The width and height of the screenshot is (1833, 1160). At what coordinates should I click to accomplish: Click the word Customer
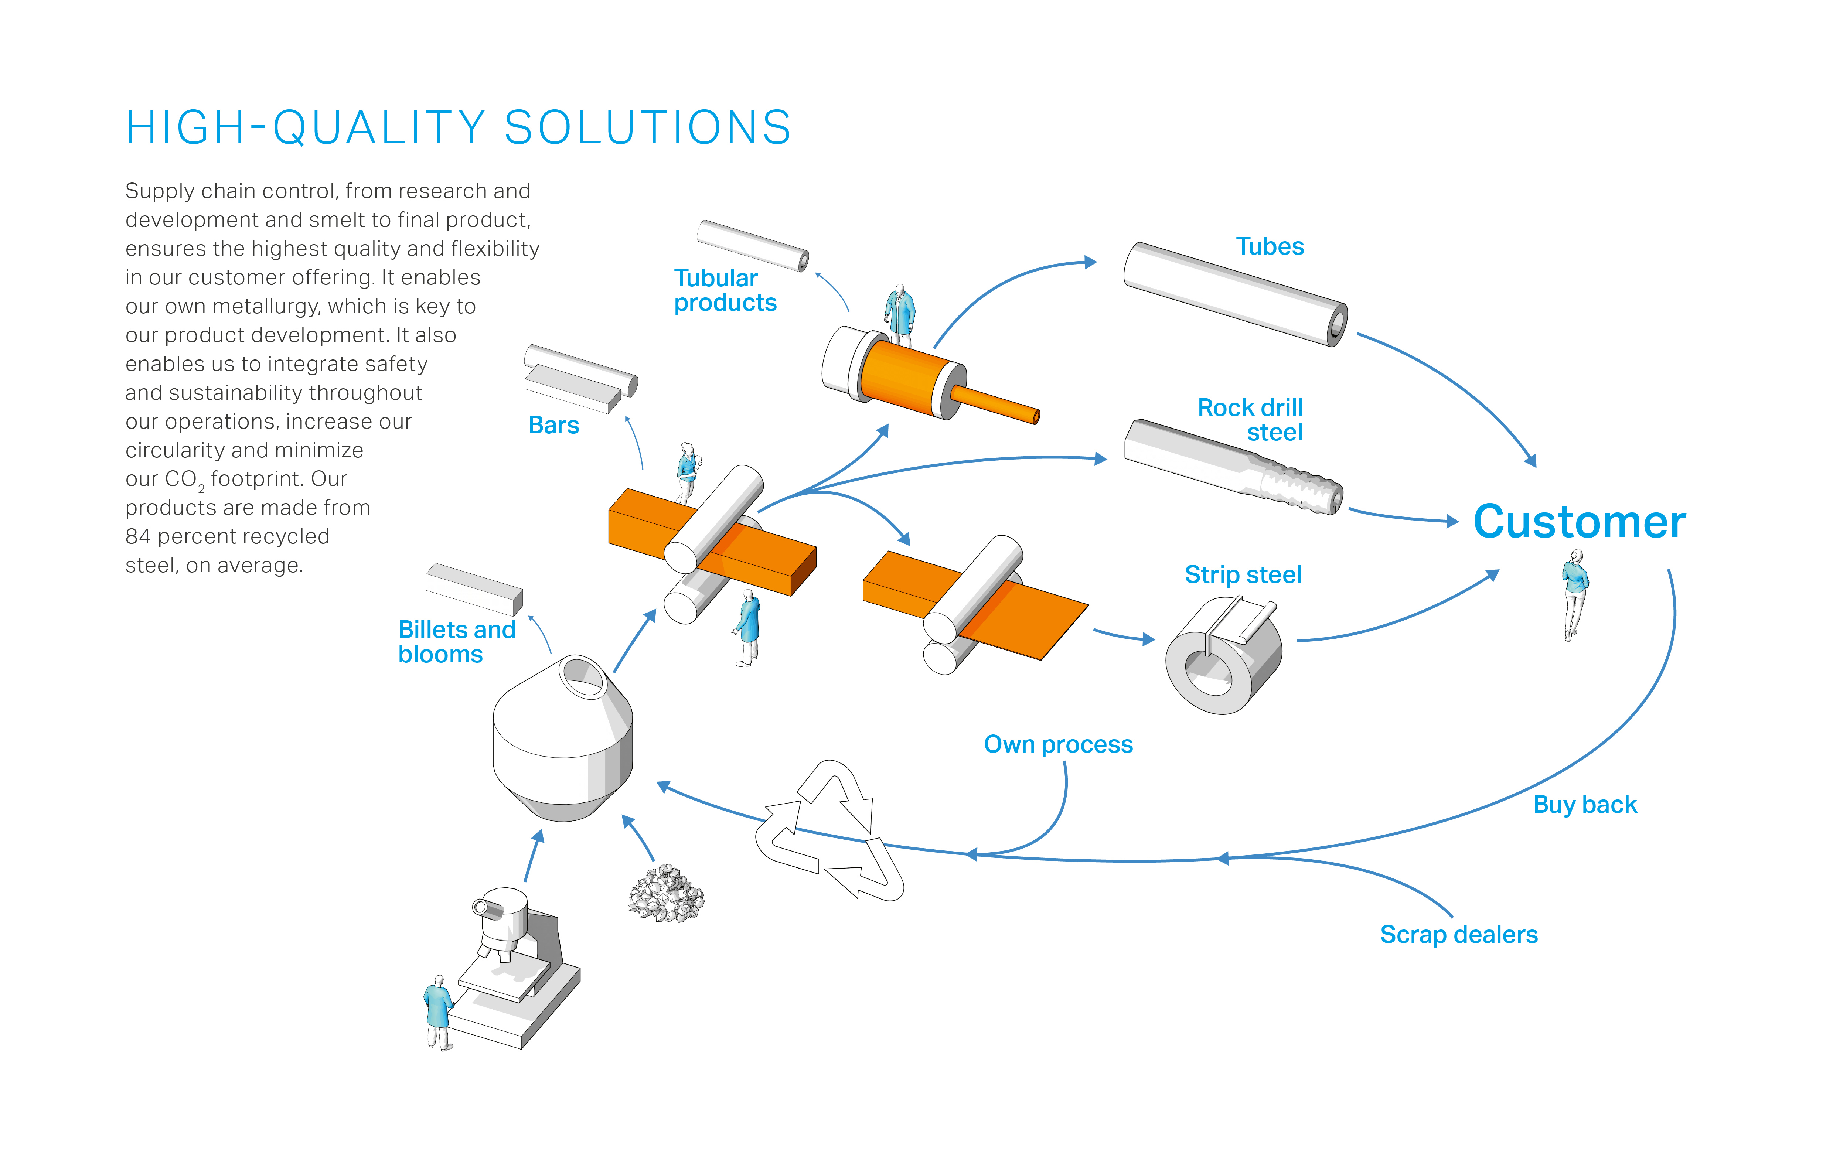pos(1580,522)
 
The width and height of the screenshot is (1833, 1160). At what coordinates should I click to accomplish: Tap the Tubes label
pos(1270,247)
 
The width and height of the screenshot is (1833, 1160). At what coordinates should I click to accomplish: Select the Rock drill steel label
pos(1250,419)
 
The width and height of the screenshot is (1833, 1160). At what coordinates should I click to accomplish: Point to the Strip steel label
pos(1243,575)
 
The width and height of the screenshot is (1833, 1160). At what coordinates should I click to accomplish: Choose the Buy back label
pos(1585,805)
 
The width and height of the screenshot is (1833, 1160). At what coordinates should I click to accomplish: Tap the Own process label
pos(1058,744)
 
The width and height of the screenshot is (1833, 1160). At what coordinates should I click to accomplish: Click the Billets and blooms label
pos(457,642)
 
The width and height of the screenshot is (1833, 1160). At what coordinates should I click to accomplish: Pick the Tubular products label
pos(725,290)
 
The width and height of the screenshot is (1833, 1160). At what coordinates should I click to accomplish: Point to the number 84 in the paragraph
pos(139,537)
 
